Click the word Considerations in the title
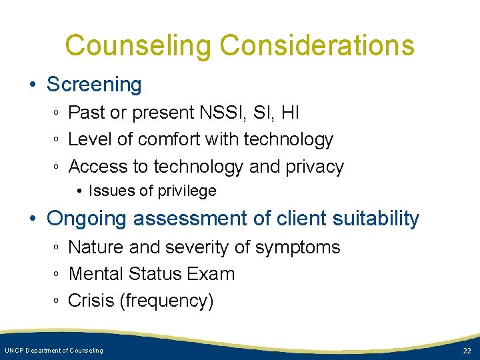click(317, 46)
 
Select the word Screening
click(94, 85)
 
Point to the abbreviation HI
click(290, 113)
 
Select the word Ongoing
click(88, 219)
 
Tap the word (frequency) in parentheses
click(167, 301)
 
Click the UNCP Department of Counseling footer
click(54, 351)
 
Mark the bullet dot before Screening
click(33, 85)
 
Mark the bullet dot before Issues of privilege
click(80, 192)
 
